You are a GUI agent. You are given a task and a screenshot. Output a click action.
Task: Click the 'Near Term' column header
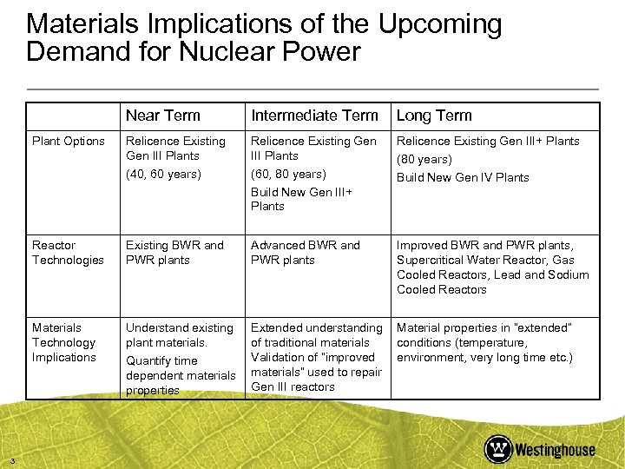[162, 116]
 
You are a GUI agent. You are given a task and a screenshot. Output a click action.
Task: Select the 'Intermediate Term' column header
[314, 116]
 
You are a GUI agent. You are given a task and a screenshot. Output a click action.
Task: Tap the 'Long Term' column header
[434, 116]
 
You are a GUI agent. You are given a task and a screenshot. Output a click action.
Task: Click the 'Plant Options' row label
[68, 141]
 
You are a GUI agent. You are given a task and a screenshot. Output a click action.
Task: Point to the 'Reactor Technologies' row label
[68, 253]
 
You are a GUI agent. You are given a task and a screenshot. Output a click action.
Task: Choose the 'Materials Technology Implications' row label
[64, 342]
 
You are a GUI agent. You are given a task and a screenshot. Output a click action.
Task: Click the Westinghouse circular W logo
[498, 449]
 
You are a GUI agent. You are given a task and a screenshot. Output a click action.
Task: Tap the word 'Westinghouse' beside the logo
[556, 450]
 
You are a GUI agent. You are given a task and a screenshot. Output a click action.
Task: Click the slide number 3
[7, 459]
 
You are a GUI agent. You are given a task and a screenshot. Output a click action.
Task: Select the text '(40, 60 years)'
[163, 174]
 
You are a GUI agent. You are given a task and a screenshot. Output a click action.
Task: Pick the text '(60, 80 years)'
[288, 174]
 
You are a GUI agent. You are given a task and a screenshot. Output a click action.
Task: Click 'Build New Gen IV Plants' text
[463, 177]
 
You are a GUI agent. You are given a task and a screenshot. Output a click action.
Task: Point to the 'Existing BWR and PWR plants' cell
[174, 253]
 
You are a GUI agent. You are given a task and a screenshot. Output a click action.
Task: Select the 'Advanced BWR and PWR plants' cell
[305, 253]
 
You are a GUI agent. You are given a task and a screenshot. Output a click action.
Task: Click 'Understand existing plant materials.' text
[179, 335]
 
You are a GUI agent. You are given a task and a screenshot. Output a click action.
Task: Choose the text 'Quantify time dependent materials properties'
[180, 375]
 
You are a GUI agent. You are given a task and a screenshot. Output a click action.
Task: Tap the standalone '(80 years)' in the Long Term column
[423, 160]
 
